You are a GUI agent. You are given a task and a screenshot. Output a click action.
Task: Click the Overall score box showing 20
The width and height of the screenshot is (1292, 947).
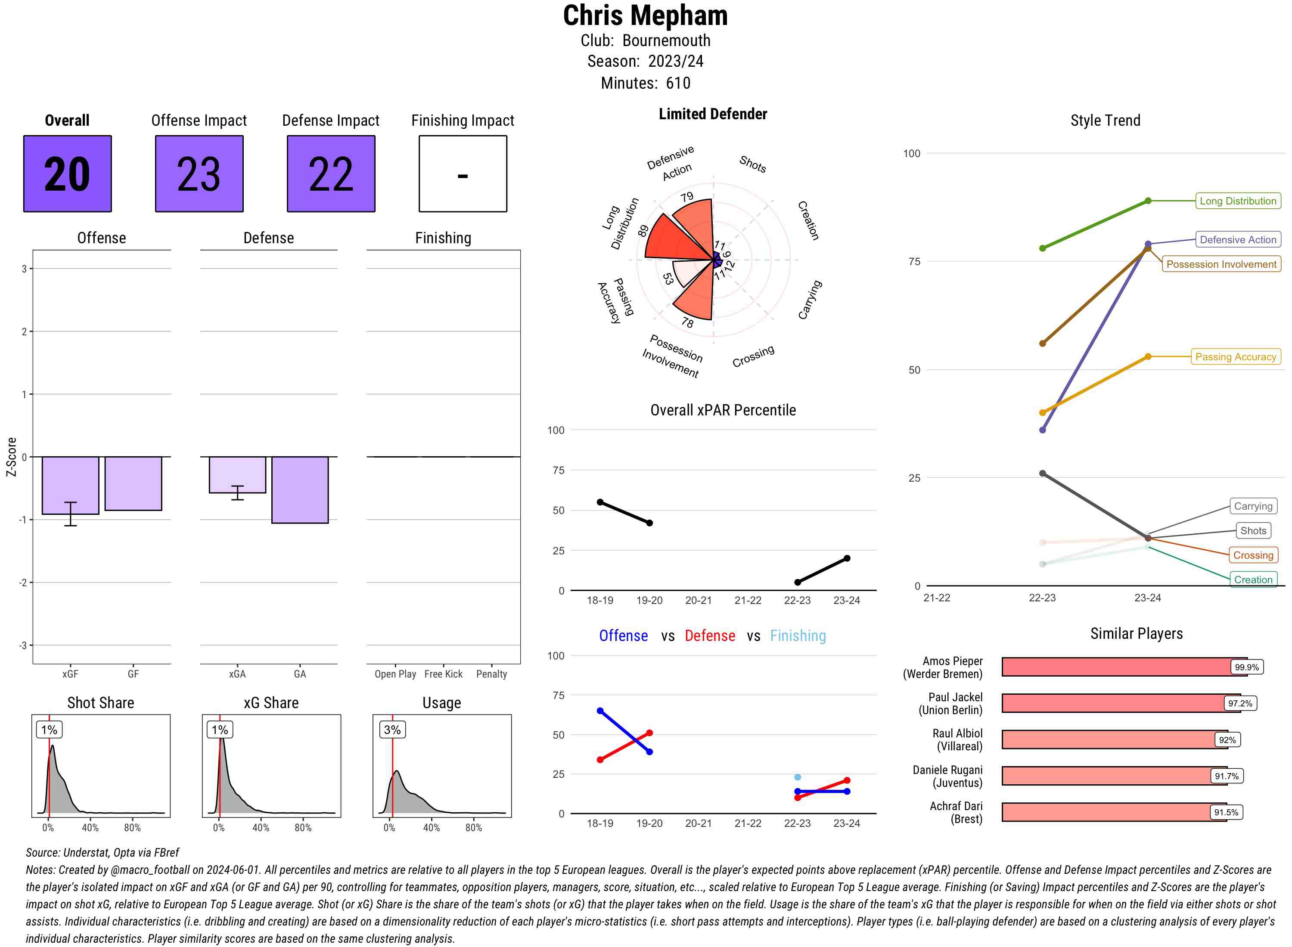tap(67, 174)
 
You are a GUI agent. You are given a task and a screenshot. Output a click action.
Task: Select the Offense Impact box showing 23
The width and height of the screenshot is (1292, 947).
tap(199, 174)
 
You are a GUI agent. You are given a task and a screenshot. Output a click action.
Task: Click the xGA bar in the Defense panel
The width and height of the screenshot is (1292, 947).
tap(237, 475)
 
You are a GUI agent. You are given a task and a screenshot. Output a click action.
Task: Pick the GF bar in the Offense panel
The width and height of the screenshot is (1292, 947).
tap(133, 483)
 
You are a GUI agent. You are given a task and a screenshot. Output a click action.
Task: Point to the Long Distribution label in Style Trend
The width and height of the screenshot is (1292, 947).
tap(1238, 201)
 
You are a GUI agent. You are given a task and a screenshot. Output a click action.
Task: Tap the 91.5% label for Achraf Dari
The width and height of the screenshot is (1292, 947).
tap(1226, 812)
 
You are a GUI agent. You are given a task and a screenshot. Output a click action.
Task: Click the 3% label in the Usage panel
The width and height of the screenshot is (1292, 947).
tap(392, 730)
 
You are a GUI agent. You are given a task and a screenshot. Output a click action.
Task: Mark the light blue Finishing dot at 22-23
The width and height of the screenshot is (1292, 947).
tap(797, 777)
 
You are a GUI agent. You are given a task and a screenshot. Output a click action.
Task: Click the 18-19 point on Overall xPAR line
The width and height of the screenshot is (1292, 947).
tap(600, 502)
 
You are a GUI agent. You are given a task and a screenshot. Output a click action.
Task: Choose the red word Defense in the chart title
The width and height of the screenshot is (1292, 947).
tap(709, 636)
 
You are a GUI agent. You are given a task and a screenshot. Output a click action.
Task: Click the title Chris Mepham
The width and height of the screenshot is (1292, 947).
tap(645, 16)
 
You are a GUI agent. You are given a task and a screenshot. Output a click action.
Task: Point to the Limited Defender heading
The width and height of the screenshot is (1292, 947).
tap(712, 114)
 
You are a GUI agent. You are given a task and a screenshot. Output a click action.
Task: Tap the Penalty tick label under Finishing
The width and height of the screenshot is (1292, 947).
tap(491, 674)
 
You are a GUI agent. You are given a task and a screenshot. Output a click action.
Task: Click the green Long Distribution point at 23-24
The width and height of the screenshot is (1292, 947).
tap(1147, 201)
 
